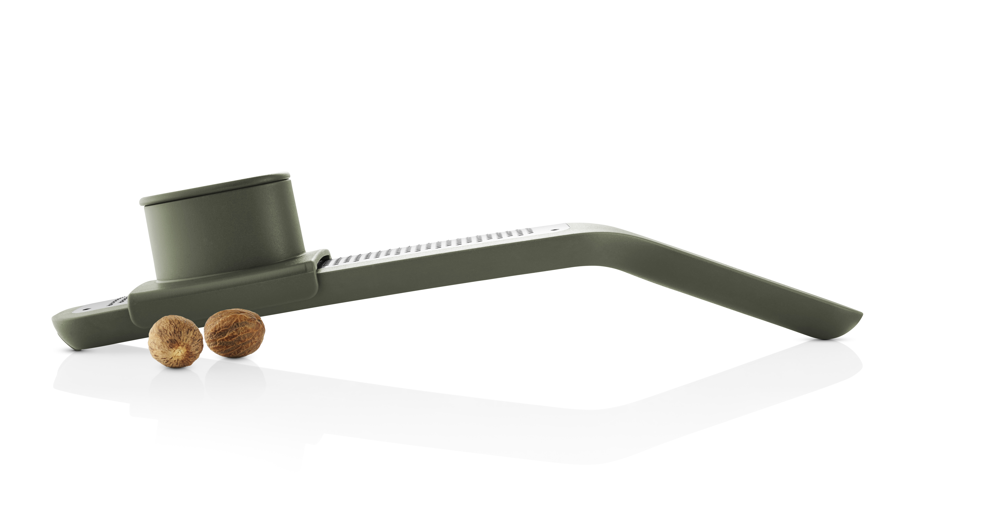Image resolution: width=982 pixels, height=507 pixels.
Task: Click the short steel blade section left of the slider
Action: pyautogui.click(x=103, y=306)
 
